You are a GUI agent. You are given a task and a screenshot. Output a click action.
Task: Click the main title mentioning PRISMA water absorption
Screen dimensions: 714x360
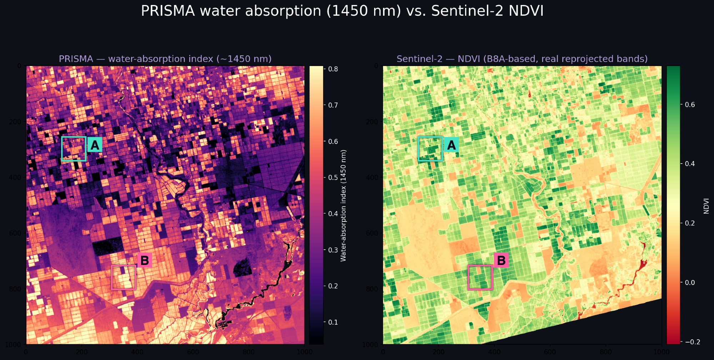pos(342,11)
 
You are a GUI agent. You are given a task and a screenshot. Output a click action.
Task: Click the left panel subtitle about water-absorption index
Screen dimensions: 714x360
pos(165,59)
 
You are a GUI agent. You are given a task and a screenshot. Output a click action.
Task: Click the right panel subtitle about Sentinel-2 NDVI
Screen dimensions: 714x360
pos(522,59)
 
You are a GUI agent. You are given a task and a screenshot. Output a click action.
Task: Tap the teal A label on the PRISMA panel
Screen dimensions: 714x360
pos(95,145)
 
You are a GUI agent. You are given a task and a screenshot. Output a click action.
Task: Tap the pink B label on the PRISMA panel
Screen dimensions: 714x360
pos(145,260)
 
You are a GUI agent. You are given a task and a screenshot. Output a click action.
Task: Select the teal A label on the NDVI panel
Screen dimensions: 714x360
pos(451,145)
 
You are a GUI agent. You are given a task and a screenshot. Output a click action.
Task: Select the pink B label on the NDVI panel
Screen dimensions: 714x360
pos(501,260)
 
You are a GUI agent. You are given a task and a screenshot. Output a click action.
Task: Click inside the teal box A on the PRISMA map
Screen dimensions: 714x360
pos(74,149)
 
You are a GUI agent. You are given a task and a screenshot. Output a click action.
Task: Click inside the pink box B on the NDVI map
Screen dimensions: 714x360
pos(480,277)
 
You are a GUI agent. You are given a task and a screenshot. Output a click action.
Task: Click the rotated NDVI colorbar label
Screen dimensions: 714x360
pos(706,206)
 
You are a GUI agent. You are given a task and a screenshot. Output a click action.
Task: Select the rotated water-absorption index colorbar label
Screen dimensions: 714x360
pos(343,205)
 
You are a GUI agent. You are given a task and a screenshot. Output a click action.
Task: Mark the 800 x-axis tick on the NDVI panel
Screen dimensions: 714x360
pos(606,352)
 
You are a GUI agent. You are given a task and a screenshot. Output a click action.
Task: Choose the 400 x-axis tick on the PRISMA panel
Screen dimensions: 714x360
pos(137,352)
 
